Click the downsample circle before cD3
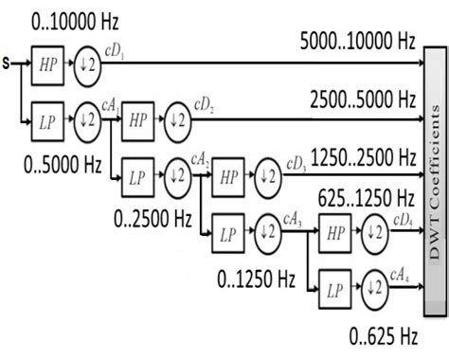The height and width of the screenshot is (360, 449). tap(268, 177)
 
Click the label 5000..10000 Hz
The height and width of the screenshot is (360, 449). tap(357, 41)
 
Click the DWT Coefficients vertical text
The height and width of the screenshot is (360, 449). tap(434, 180)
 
